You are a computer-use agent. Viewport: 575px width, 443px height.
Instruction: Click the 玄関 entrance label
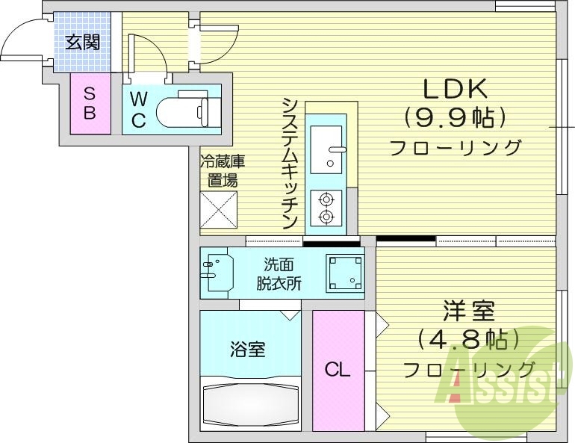pos(82,42)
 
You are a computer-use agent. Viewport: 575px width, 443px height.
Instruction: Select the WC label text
pos(138,109)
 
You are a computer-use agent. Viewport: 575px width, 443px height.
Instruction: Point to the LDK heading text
pos(455,90)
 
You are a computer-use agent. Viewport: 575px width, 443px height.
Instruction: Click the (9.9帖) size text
pos(455,117)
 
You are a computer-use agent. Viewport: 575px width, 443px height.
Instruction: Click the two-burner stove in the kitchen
pos(326,208)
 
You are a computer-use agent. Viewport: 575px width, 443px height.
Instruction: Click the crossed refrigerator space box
pos(219,210)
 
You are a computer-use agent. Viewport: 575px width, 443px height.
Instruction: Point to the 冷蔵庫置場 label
pos(221,170)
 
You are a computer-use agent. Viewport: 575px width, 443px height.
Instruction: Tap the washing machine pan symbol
pos(344,272)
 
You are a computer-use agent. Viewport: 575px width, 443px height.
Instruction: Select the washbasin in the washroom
pos(217,273)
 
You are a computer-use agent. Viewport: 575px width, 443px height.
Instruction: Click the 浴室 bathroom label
pos(247,348)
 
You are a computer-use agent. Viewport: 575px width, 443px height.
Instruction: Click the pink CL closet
pos(338,369)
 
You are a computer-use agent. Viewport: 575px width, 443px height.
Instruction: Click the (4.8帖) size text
pos(467,341)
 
